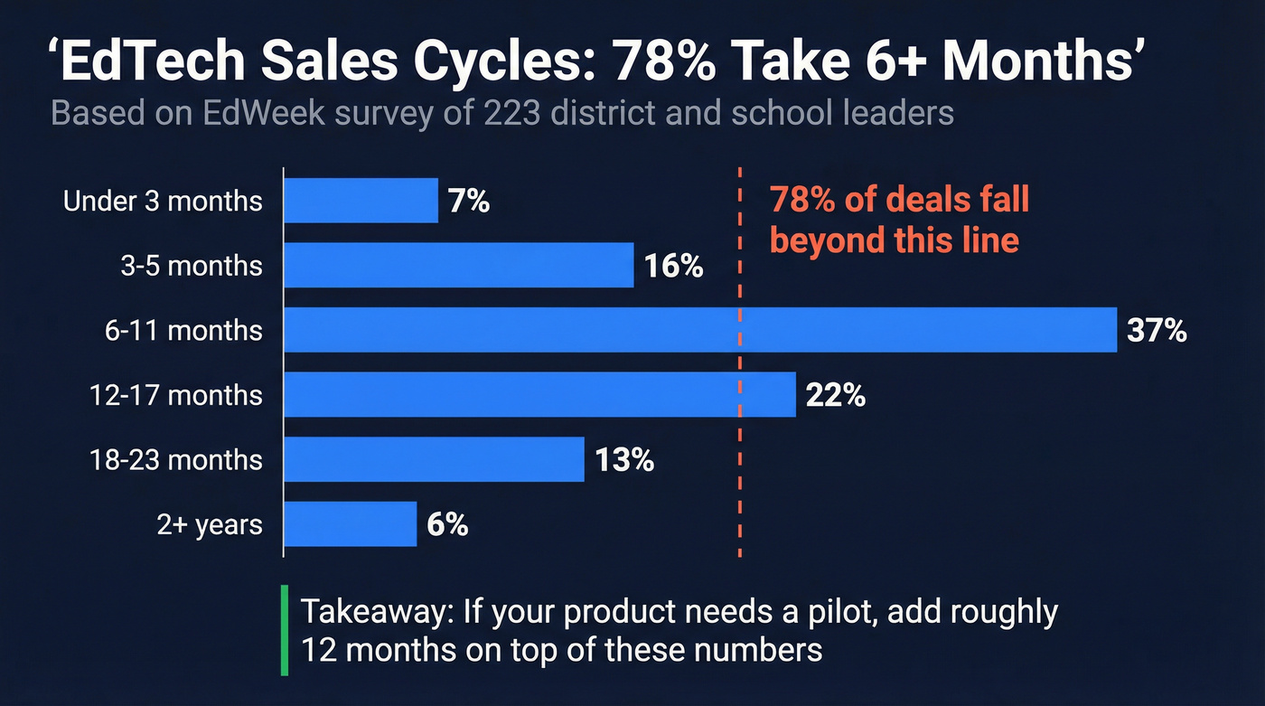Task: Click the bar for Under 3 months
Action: (361, 201)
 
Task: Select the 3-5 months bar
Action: (459, 266)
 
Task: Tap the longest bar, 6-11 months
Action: (700, 330)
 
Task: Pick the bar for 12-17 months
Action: (540, 395)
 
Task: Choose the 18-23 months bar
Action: (435, 460)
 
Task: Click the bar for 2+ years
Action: (351, 524)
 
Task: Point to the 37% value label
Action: (1157, 331)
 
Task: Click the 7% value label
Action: (468, 202)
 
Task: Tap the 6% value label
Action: (447, 525)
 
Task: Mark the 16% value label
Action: (673, 267)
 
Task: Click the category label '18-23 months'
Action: (176, 460)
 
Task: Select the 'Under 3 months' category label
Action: (163, 201)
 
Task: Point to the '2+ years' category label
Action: (210, 524)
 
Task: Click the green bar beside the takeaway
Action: (285, 630)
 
